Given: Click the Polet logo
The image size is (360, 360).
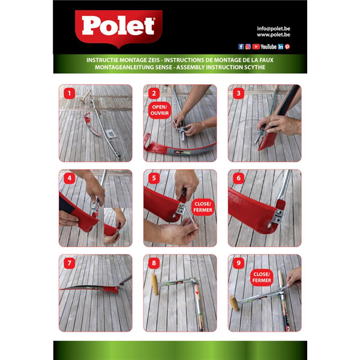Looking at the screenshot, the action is (x=118, y=28).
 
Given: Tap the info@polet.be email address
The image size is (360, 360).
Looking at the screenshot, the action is (x=274, y=29).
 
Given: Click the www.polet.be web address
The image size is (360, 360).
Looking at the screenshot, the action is (x=274, y=35).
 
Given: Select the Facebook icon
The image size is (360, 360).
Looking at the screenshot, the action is (x=241, y=47).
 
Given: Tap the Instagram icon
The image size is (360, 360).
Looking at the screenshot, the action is (x=248, y=47).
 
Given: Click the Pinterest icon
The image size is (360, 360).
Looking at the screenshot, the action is (x=287, y=47).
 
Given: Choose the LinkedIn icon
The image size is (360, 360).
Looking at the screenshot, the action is (x=281, y=47).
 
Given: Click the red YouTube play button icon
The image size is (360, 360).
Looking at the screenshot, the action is (x=256, y=47).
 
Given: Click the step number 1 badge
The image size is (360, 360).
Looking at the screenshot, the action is (x=70, y=94).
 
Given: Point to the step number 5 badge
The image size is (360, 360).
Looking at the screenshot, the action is (x=154, y=178).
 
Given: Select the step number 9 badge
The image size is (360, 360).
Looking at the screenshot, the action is (x=238, y=263).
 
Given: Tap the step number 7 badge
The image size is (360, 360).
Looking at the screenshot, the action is (x=70, y=263).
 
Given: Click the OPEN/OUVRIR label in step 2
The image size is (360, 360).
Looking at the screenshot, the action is (x=160, y=110).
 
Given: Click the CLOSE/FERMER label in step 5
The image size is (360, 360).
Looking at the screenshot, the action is (x=203, y=207).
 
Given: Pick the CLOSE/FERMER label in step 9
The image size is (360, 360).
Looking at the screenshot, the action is (x=262, y=277).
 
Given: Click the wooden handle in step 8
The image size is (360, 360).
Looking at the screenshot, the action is (x=155, y=284).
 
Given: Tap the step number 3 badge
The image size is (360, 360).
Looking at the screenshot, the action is (x=238, y=94).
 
